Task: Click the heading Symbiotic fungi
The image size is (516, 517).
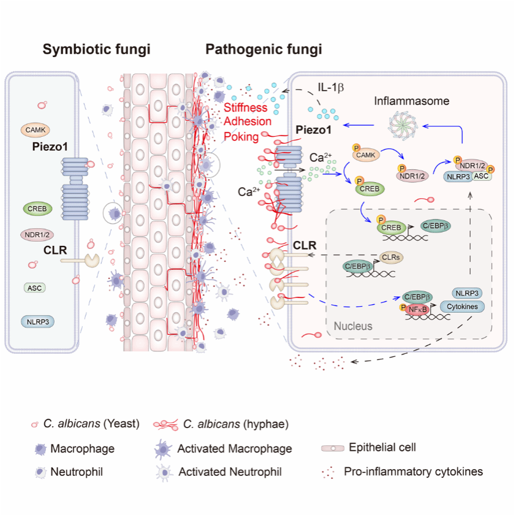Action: click(x=96, y=50)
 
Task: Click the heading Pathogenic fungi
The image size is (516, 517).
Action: click(x=264, y=50)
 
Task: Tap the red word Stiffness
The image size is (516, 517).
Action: click(x=246, y=109)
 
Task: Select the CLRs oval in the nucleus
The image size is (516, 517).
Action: click(x=393, y=258)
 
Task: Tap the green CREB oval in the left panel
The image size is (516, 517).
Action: click(x=37, y=209)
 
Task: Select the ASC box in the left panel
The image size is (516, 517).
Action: click(x=35, y=287)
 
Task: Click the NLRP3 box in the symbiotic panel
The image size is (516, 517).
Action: click(x=36, y=321)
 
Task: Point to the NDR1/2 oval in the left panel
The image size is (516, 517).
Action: click(x=36, y=234)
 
